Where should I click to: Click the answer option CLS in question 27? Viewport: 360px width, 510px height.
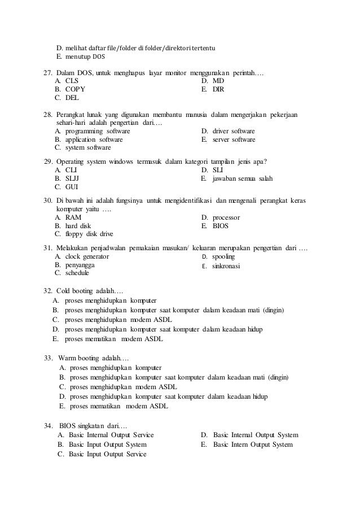[72, 81]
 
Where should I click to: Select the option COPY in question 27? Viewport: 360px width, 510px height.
[75, 89]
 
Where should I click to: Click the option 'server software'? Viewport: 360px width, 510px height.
[234, 140]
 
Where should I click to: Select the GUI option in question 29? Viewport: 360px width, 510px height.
[72, 186]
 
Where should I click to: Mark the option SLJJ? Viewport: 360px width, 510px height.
[73, 178]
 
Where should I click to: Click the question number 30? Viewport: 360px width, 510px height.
[48, 201]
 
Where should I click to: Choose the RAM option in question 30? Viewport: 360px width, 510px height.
[73, 217]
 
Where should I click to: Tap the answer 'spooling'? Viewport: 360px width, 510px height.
[223, 256]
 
